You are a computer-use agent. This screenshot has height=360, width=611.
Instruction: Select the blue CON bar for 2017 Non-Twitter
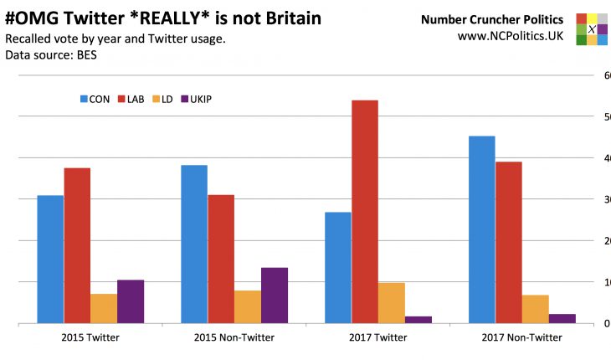pos(481,229)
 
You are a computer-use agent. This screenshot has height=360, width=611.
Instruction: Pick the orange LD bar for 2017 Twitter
pos(391,302)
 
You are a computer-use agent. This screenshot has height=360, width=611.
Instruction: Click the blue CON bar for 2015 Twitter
pos(50,259)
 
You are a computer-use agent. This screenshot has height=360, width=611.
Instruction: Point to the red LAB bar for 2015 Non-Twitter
pos(221,259)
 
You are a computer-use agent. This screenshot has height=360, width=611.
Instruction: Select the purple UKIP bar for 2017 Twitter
pos(418,319)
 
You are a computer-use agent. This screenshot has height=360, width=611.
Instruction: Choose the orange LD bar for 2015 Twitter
pos(104,308)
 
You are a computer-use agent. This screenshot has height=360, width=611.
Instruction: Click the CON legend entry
pos(95,99)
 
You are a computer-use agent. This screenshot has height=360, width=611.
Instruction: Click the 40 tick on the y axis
pos(605,158)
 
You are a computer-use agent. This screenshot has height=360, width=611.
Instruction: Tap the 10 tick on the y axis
pos(605,282)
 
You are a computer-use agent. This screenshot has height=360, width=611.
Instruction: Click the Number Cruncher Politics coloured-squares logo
pos(592,28)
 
